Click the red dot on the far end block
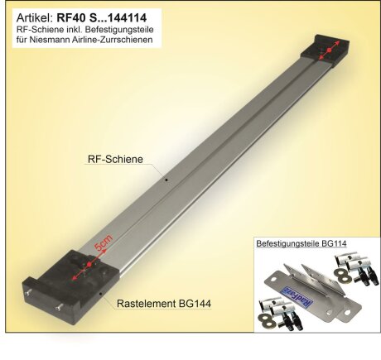coord(329,51)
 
